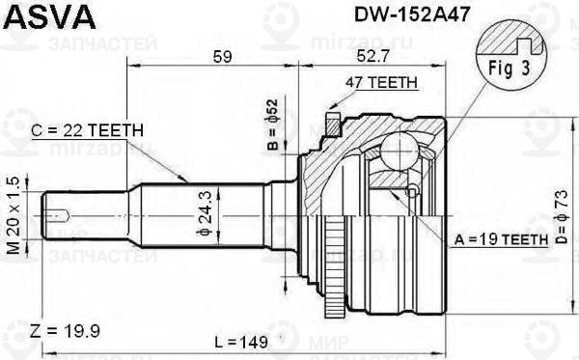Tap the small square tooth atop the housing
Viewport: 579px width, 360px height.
[x=332, y=123]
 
